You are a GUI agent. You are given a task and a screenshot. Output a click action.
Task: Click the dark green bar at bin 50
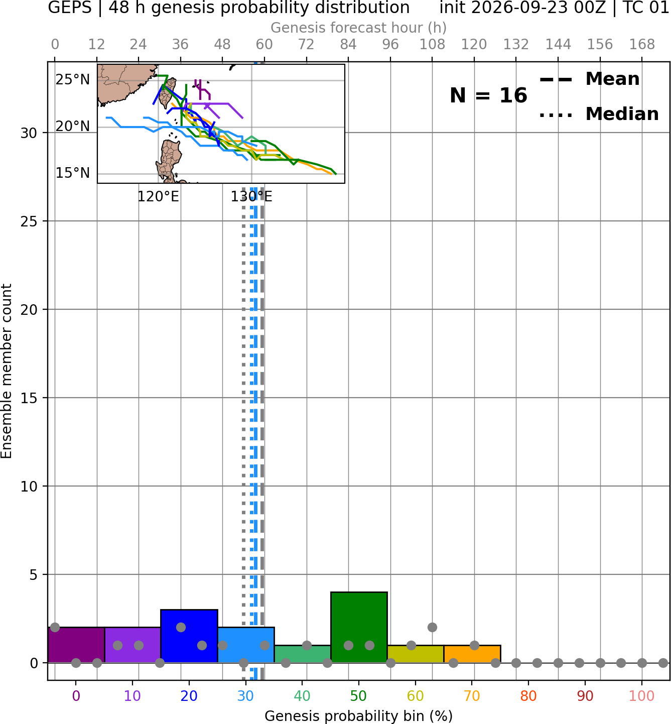point(359,627)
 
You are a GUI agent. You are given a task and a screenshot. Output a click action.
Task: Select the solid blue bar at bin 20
point(189,636)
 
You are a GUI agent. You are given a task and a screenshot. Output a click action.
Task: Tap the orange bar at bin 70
point(472,654)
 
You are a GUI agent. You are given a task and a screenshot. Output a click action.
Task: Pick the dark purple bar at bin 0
point(76,645)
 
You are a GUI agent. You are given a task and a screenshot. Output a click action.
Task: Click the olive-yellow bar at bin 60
point(416,654)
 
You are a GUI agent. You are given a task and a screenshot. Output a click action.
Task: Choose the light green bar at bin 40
point(302,654)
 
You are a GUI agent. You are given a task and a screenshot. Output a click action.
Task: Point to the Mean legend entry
point(589,79)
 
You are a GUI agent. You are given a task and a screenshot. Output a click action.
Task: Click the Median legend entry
point(599,114)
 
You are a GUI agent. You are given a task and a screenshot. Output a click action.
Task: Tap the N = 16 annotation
point(488,95)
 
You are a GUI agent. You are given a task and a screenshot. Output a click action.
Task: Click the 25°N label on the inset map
point(73,79)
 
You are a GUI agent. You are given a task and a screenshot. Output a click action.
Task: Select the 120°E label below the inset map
point(158,196)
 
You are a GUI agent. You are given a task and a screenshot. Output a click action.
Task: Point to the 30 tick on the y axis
point(29,133)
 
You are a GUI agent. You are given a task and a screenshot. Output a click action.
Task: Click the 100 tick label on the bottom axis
point(642,696)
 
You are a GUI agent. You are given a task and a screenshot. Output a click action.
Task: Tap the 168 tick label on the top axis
point(642,45)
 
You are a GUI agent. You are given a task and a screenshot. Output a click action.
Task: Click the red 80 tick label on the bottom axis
point(528,696)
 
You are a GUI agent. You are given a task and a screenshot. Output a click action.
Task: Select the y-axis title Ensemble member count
point(7,371)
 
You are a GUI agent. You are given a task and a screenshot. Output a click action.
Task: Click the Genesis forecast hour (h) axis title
point(359,28)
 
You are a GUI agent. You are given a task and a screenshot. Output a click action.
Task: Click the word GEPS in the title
point(70,8)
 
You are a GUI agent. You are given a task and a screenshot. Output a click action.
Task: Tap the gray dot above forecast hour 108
point(432,627)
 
